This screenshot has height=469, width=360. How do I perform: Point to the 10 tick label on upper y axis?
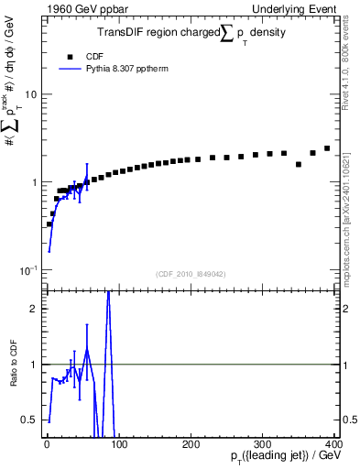30,94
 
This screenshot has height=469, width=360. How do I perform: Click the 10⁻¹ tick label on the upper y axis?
27,269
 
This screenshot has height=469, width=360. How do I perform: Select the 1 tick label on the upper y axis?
33,182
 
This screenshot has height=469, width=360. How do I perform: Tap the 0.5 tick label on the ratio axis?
29,420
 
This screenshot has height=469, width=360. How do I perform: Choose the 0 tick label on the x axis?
47,444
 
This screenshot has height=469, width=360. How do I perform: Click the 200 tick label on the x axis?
191,444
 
